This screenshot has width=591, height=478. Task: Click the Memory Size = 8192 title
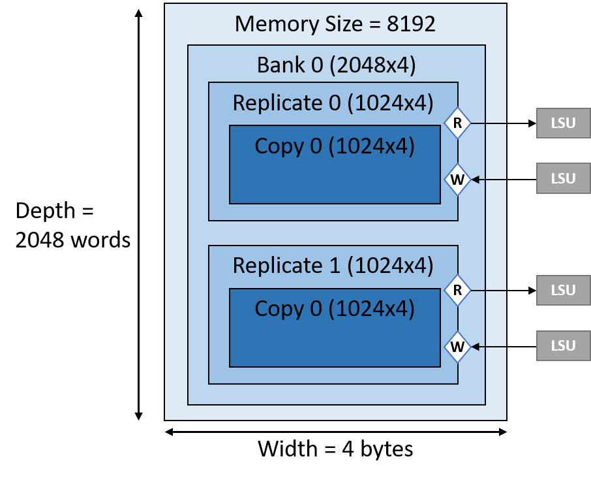pyautogui.click(x=335, y=24)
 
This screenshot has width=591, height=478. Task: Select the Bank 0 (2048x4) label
pyautogui.click(x=336, y=65)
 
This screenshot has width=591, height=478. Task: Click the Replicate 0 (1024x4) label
pyautogui.click(x=333, y=103)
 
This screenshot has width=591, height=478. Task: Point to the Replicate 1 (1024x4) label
pyautogui.click(x=333, y=265)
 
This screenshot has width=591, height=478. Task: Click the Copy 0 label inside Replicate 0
pyautogui.click(x=335, y=146)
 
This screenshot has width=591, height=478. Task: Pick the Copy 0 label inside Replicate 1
pyautogui.click(x=335, y=308)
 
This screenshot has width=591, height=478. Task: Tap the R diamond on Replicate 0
pyautogui.click(x=457, y=123)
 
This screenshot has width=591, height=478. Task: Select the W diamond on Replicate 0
pyautogui.click(x=457, y=179)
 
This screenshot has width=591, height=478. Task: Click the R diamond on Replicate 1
pyautogui.click(x=457, y=291)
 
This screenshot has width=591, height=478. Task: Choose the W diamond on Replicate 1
pyautogui.click(x=457, y=347)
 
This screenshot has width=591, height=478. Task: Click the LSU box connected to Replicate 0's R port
pyautogui.click(x=564, y=123)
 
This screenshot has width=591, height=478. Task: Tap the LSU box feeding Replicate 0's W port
pyautogui.click(x=564, y=179)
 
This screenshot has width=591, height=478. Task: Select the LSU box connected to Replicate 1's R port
pyautogui.click(x=564, y=291)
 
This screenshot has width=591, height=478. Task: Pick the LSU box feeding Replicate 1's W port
pyautogui.click(x=564, y=347)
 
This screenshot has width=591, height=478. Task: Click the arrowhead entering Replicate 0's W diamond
pyautogui.click(x=476, y=179)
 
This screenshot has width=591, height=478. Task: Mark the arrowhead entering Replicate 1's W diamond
pyautogui.click(x=476, y=347)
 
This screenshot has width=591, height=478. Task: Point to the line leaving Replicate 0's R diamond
pyautogui.click(x=489, y=123)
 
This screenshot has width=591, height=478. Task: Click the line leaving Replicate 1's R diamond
pyautogui.click(x=489, y=291)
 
